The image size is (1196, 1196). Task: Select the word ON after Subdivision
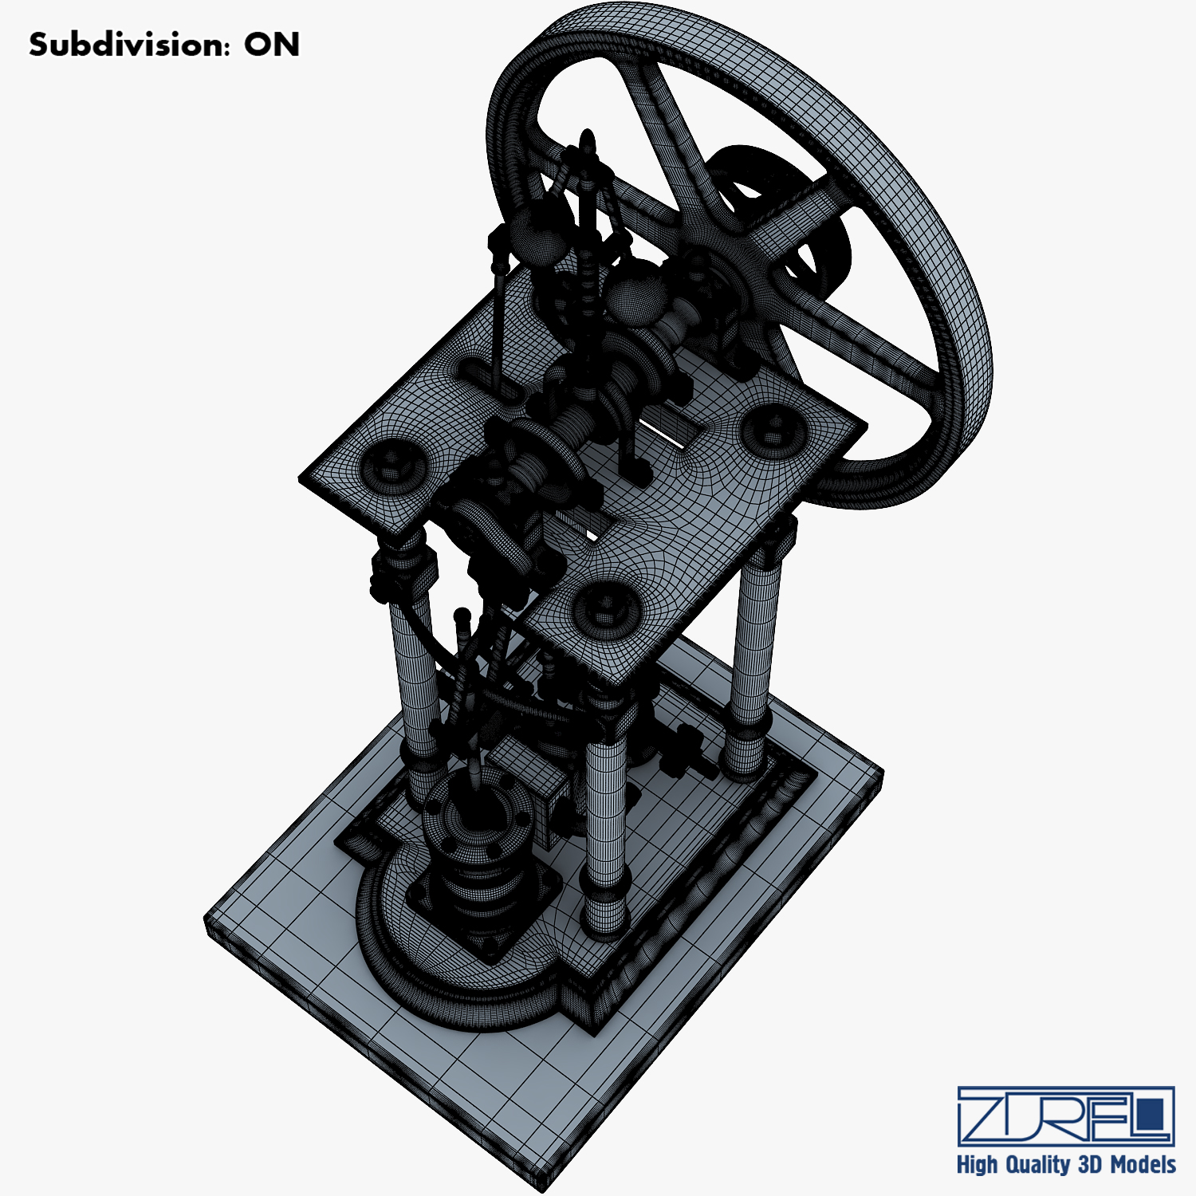click(272, 45)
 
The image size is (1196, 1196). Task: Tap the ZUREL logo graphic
click(1066, 1115)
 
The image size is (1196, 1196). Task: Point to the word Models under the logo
click(1143, 1165)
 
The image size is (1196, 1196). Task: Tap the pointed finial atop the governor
click(588, 144)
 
